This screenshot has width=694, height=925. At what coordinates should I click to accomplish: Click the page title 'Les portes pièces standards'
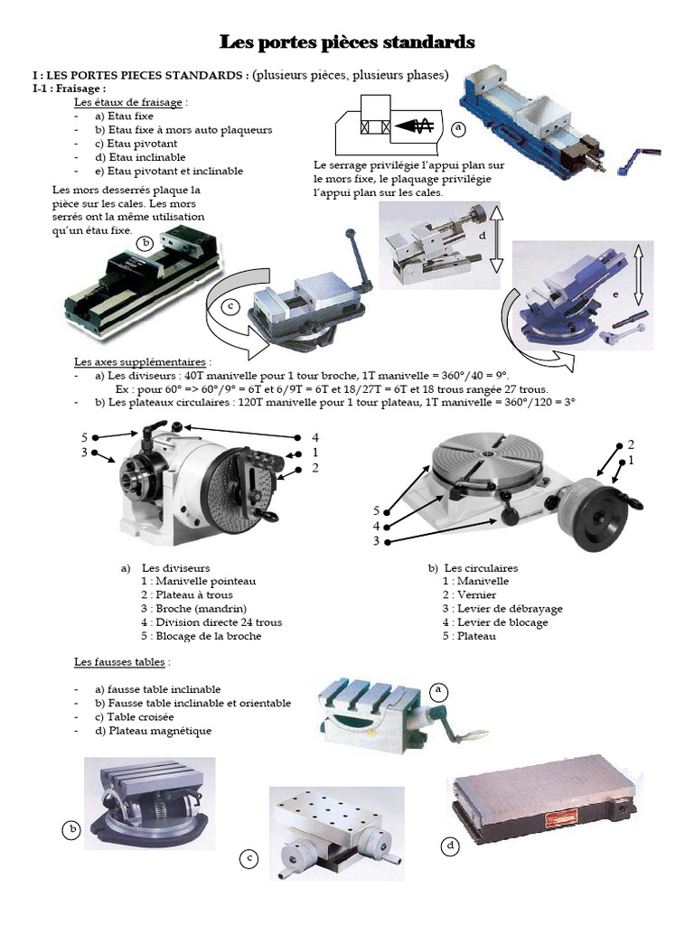[347, 42]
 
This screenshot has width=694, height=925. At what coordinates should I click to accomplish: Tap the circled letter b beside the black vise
[145, 242]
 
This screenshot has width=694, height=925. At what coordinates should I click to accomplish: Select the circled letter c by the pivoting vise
[230, 306]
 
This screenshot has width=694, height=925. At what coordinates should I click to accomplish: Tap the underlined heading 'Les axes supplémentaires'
[140, 361]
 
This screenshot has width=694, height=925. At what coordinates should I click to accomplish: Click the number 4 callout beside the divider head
[315, 437]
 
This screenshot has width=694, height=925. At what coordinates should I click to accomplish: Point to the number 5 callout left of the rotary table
[376, 510]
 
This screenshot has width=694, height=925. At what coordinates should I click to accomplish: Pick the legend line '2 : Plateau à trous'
[186, 594]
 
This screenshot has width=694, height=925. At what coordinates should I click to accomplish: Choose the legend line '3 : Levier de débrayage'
[502, 608]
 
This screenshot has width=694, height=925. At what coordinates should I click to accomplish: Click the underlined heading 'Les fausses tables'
[120, 662]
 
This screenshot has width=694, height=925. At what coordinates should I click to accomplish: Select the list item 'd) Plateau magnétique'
[153, 731]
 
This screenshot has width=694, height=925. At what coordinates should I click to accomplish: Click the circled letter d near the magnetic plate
[450, 846]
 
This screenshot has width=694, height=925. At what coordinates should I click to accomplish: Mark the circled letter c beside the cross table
[249, 859]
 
